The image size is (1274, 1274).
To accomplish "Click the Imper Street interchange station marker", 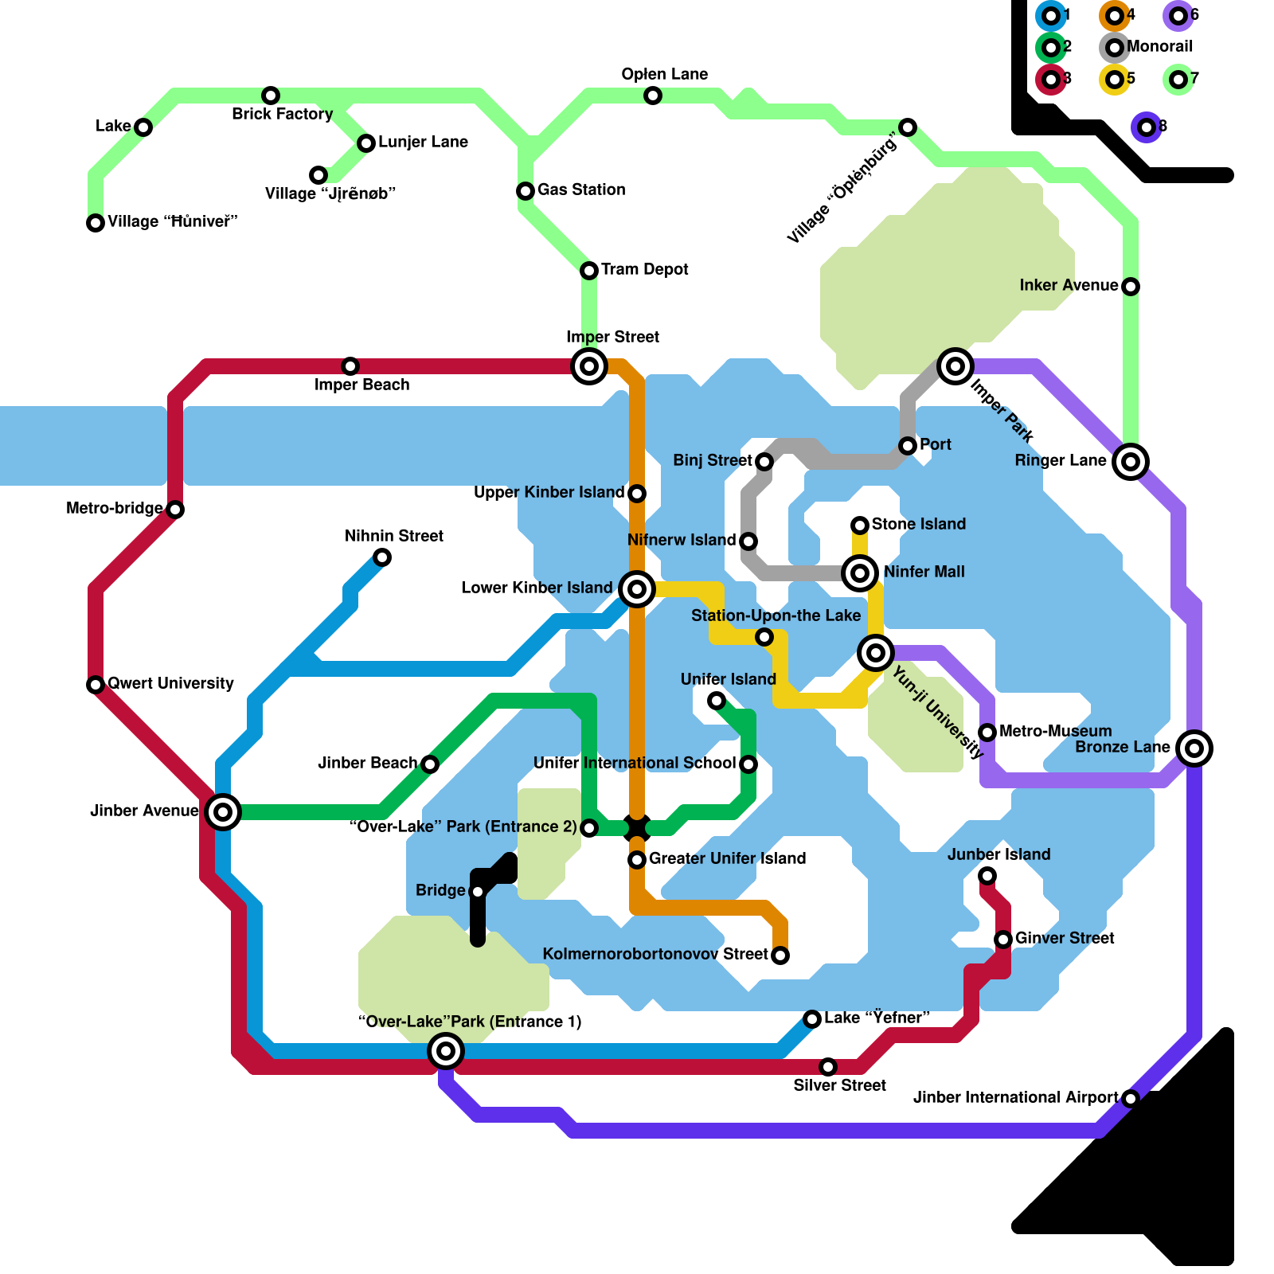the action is coord(589,366).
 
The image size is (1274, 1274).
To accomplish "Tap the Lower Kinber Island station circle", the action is coord(637,589).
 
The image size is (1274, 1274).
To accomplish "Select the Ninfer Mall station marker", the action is coord(860,573).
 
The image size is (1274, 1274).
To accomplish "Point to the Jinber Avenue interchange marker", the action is coord(223,812).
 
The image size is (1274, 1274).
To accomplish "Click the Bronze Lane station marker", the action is coord(1194,748).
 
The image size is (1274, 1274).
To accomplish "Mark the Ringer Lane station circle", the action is coord(1131,462).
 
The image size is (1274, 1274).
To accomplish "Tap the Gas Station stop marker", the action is coord(526,191).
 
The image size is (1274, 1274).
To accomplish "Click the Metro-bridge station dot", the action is coord(175,510).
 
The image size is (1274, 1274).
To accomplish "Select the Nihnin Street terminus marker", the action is coord(382,557).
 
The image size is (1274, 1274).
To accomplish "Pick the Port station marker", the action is coord(908,446).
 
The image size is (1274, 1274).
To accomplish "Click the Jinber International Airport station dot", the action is coord(1131,1099).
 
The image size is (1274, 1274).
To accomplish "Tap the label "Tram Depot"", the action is coord(645,269).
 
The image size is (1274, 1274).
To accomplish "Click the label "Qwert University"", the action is coord(170,683).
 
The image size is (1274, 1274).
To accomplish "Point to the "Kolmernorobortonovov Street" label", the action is coord(655,954).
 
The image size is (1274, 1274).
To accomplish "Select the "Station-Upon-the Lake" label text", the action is coord(776,616).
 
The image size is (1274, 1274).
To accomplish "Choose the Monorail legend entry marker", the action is coord(1115,48).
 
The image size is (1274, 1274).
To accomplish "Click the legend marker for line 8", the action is coord(1147,127).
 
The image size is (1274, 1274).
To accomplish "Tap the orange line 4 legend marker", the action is coord(1115,16).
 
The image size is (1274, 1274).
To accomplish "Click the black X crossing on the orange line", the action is coord(637,828).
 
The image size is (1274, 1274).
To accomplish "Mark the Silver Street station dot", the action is coord(828,1067).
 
